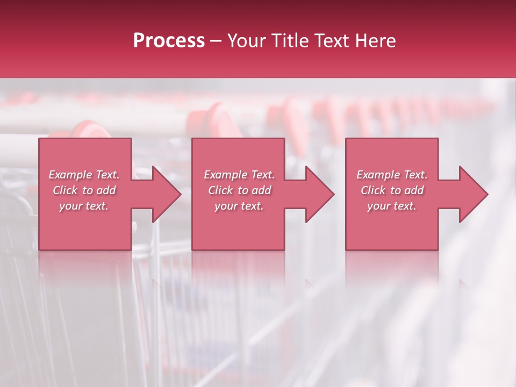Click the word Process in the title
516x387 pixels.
click(x=169, y=41)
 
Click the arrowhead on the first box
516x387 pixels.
click(x=164, y=194)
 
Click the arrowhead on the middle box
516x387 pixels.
click(x=318, y=194)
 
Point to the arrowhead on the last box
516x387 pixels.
click(x=471, y=194)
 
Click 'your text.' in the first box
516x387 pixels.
click(x=84, y=206)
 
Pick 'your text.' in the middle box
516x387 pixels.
click(x=239, y=206)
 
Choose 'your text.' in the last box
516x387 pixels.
click(x=392, y=206)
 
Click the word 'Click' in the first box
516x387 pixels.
click(x=65, y=190)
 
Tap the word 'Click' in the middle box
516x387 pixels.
click(x=220, y=190)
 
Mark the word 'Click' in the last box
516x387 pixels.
click(x=373, y=190)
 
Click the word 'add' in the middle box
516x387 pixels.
click(x=261, y=190)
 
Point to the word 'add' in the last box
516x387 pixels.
click(x=413, y=190)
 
